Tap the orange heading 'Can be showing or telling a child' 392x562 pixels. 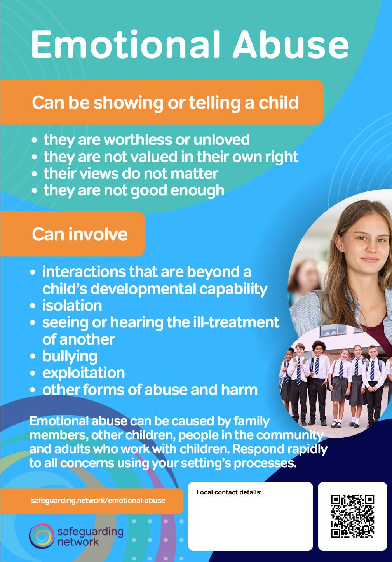(x=165, y=103)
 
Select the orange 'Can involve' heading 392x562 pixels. (x=80, y=234)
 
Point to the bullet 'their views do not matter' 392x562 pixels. (x=131, y=174)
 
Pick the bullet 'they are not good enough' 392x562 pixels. (x=134, y=191)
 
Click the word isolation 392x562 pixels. (x=72, y=306)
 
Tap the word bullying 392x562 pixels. (x=70, y=356)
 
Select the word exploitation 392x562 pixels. (x=84, y=373)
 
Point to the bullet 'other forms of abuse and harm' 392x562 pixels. (x=150, y=390)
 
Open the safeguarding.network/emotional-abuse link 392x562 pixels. (x=98, y=501)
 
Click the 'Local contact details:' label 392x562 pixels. (x=229, y=492)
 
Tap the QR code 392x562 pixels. (x=352, y=516)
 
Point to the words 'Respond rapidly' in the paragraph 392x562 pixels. (x=280, y=449)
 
